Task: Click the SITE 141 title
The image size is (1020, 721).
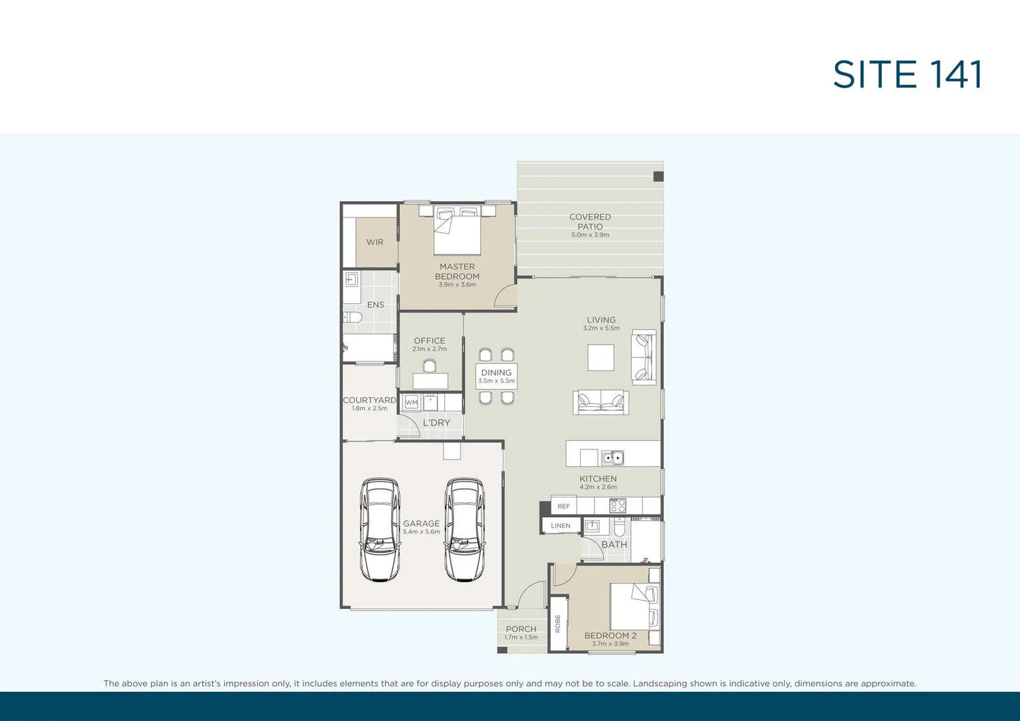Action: coord(907,75)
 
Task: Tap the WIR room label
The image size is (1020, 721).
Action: coord(375,243)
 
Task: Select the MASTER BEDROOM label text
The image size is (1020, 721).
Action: coord(457,272)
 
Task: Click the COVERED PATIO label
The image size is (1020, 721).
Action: coord(590,222)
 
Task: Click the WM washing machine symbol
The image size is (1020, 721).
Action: coord(411,402)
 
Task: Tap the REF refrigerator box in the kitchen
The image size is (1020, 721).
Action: coord(564,506)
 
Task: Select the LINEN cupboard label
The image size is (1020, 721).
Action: coord(561,526)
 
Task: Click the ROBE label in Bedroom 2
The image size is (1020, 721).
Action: coord(558,624)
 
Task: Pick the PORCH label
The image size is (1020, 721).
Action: coord(521,629)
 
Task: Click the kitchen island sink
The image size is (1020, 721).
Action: coord(612,458)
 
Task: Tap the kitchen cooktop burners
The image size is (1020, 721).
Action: coord(617,506)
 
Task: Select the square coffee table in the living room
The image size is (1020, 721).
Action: coord(600,357)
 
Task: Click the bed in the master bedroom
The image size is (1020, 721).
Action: coord(457,231)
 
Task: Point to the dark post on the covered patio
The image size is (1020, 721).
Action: coord(658,177)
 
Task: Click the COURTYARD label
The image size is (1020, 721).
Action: coord(369,400)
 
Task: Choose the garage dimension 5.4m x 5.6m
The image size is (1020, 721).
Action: coord(422,532)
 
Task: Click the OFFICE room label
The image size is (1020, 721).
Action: coord(429,341)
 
